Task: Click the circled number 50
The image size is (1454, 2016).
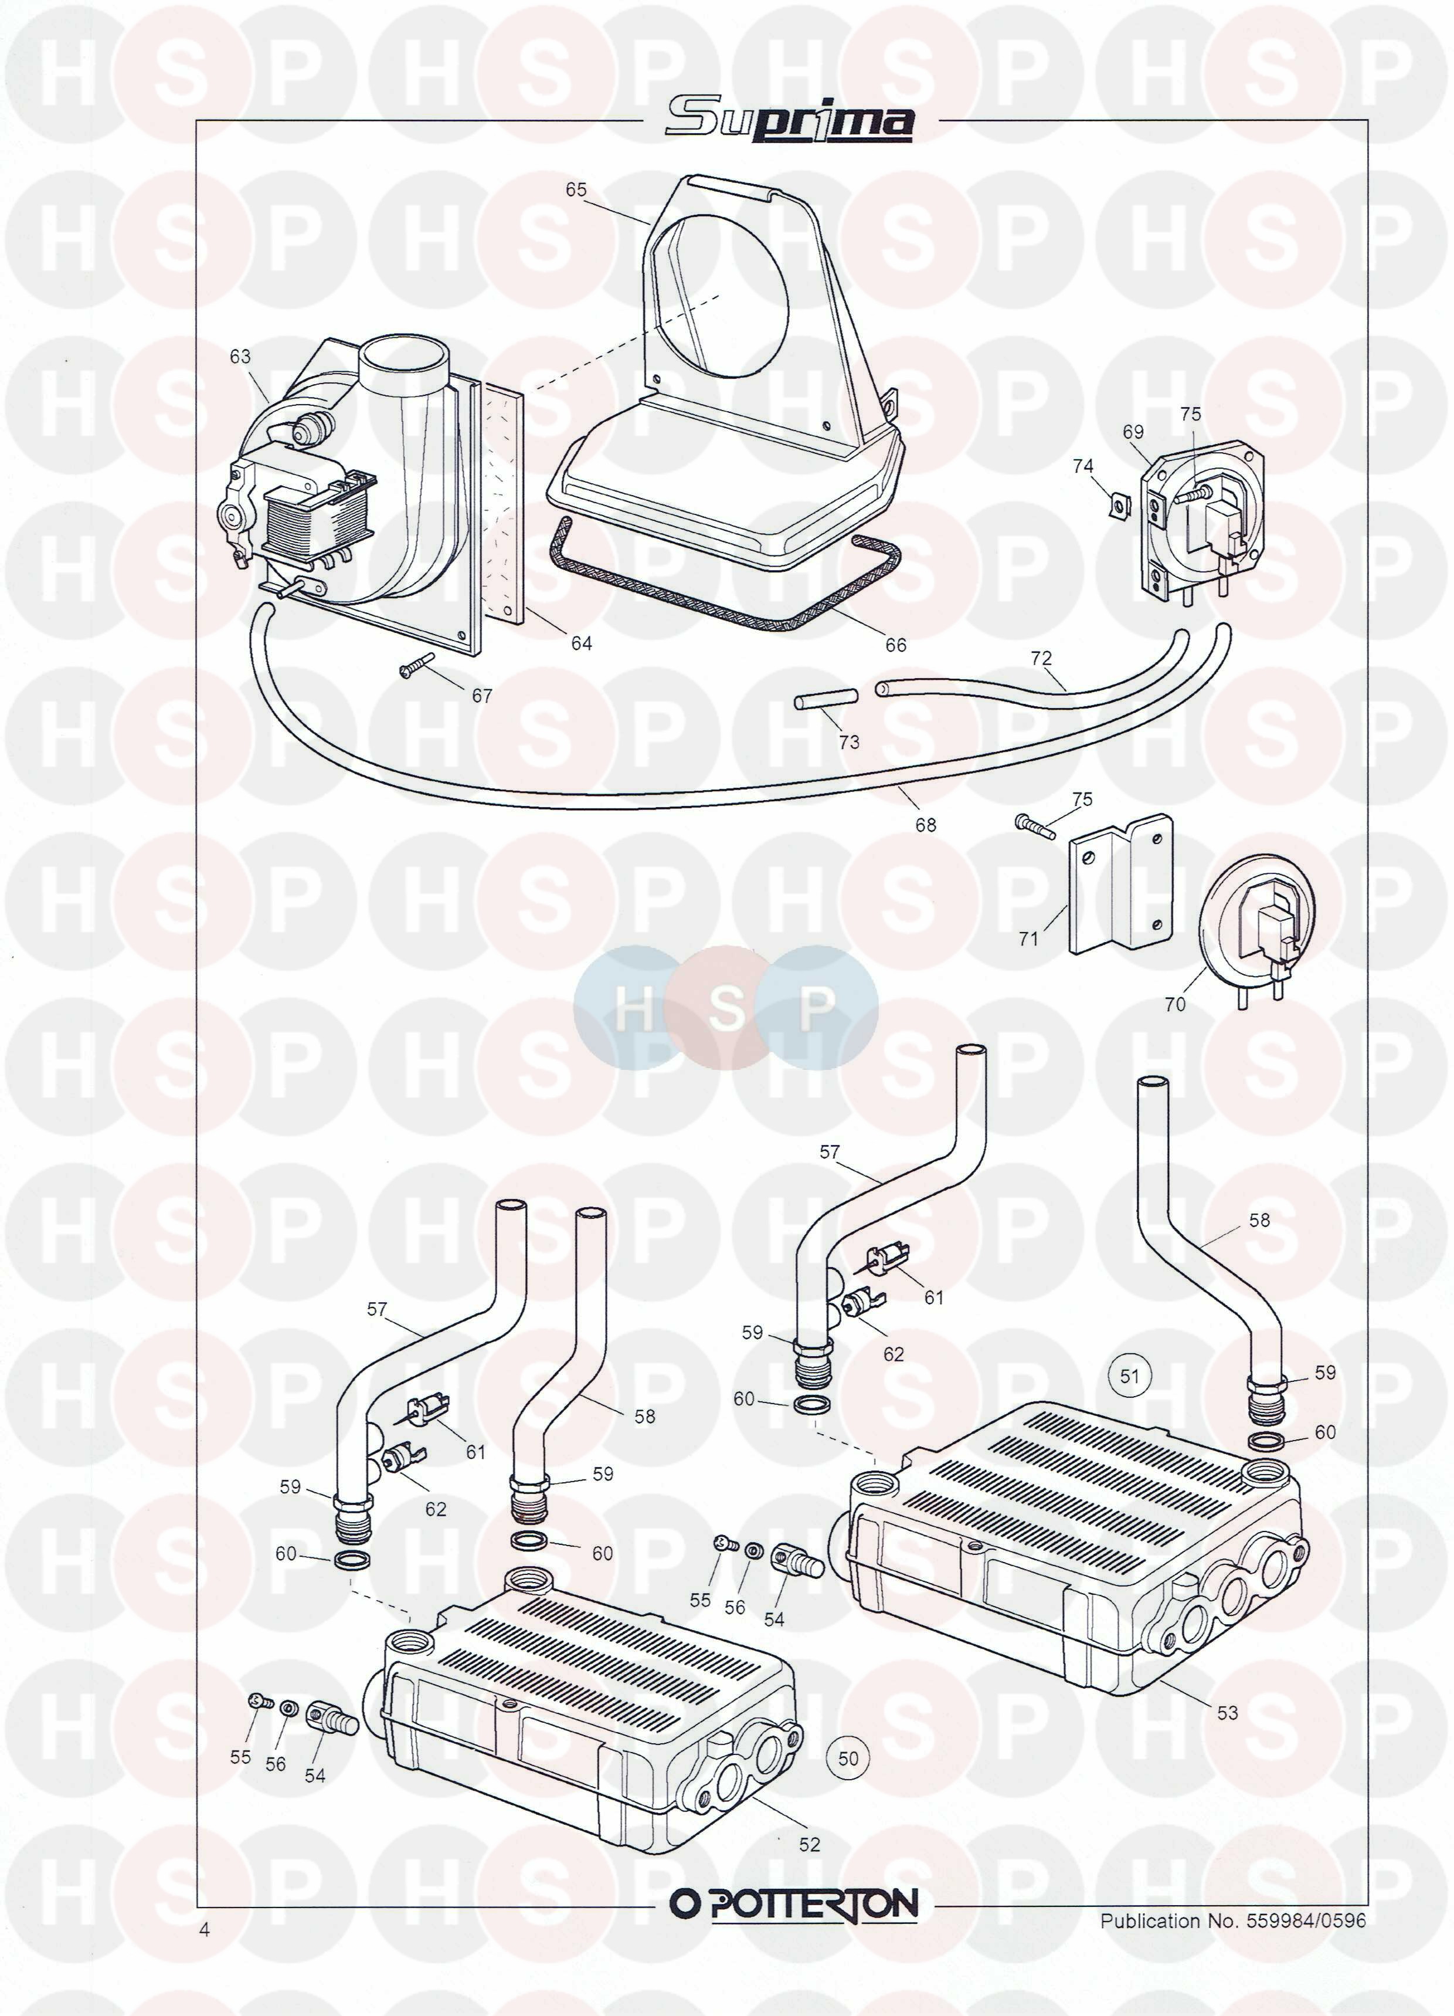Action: click(x=848, y=1759)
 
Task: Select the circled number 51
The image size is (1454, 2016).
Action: click(x=1129, y=1377)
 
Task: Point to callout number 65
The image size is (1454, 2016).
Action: click(x=576, y=189)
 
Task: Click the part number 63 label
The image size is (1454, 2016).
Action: click(x=240, y=357)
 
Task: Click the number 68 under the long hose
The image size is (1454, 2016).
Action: click(x=925, y=825)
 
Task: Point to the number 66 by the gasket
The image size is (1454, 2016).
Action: click(x=895, y=645)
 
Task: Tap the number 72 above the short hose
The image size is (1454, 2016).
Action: click(x=1041, y=658)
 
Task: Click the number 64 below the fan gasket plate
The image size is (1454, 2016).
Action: click(x=581, y=643)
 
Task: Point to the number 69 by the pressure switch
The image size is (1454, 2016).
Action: click(x=1133, y=432)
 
